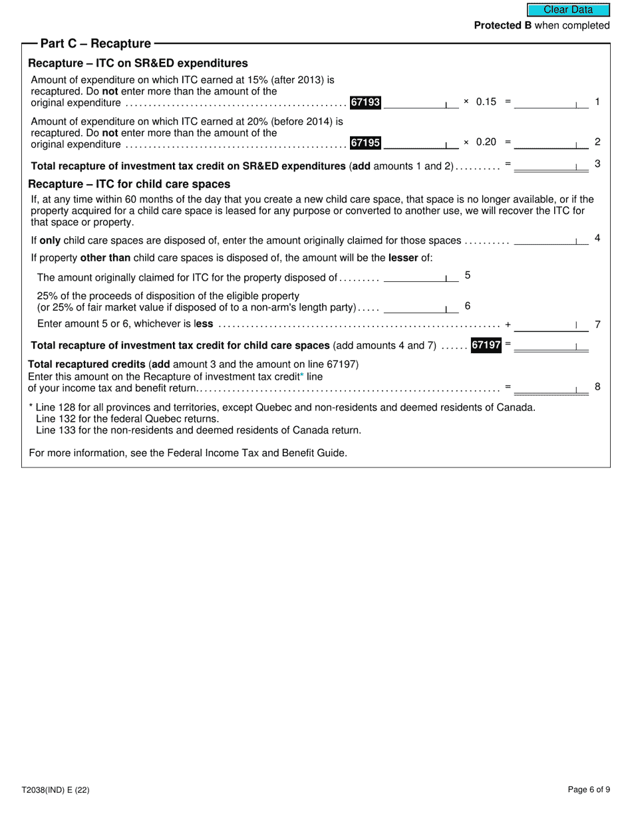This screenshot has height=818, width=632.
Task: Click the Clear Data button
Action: (568, 10)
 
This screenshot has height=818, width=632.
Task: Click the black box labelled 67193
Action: (365, 102)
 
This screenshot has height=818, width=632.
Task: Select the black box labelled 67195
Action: (365, 142)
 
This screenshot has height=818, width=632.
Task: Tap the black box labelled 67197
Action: (486, 345)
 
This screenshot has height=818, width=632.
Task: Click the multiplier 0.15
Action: (486, 102)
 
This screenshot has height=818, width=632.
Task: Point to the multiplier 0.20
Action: (486, 142)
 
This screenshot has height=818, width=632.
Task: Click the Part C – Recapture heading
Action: (96, 44)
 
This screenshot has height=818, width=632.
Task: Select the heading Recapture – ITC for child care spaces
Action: (129, 184)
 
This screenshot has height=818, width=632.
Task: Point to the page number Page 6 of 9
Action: (588, 790)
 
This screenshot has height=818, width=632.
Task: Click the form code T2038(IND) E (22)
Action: (55, 790)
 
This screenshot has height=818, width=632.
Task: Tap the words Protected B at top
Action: (502, 25)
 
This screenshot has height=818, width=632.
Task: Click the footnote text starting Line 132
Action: (127, 419)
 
